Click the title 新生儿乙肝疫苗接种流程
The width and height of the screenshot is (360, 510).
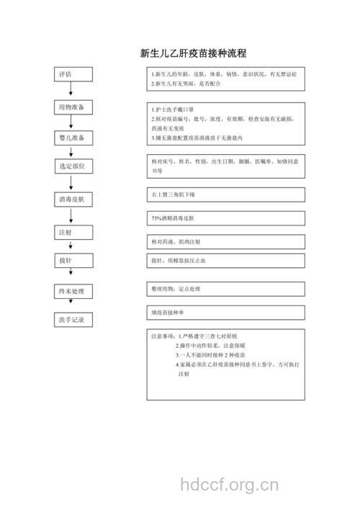192,53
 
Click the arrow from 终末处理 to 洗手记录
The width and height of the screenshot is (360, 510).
71,305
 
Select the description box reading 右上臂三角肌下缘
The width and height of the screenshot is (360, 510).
225,194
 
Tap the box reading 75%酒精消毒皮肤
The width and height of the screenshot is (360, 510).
225,218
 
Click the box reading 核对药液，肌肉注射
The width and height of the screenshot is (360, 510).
225,241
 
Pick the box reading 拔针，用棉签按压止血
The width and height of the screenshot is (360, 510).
225,261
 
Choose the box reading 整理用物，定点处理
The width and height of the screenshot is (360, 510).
225,288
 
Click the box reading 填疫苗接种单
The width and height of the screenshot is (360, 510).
225,313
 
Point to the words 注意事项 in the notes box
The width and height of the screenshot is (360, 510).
163,336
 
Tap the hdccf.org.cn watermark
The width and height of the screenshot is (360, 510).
228,483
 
